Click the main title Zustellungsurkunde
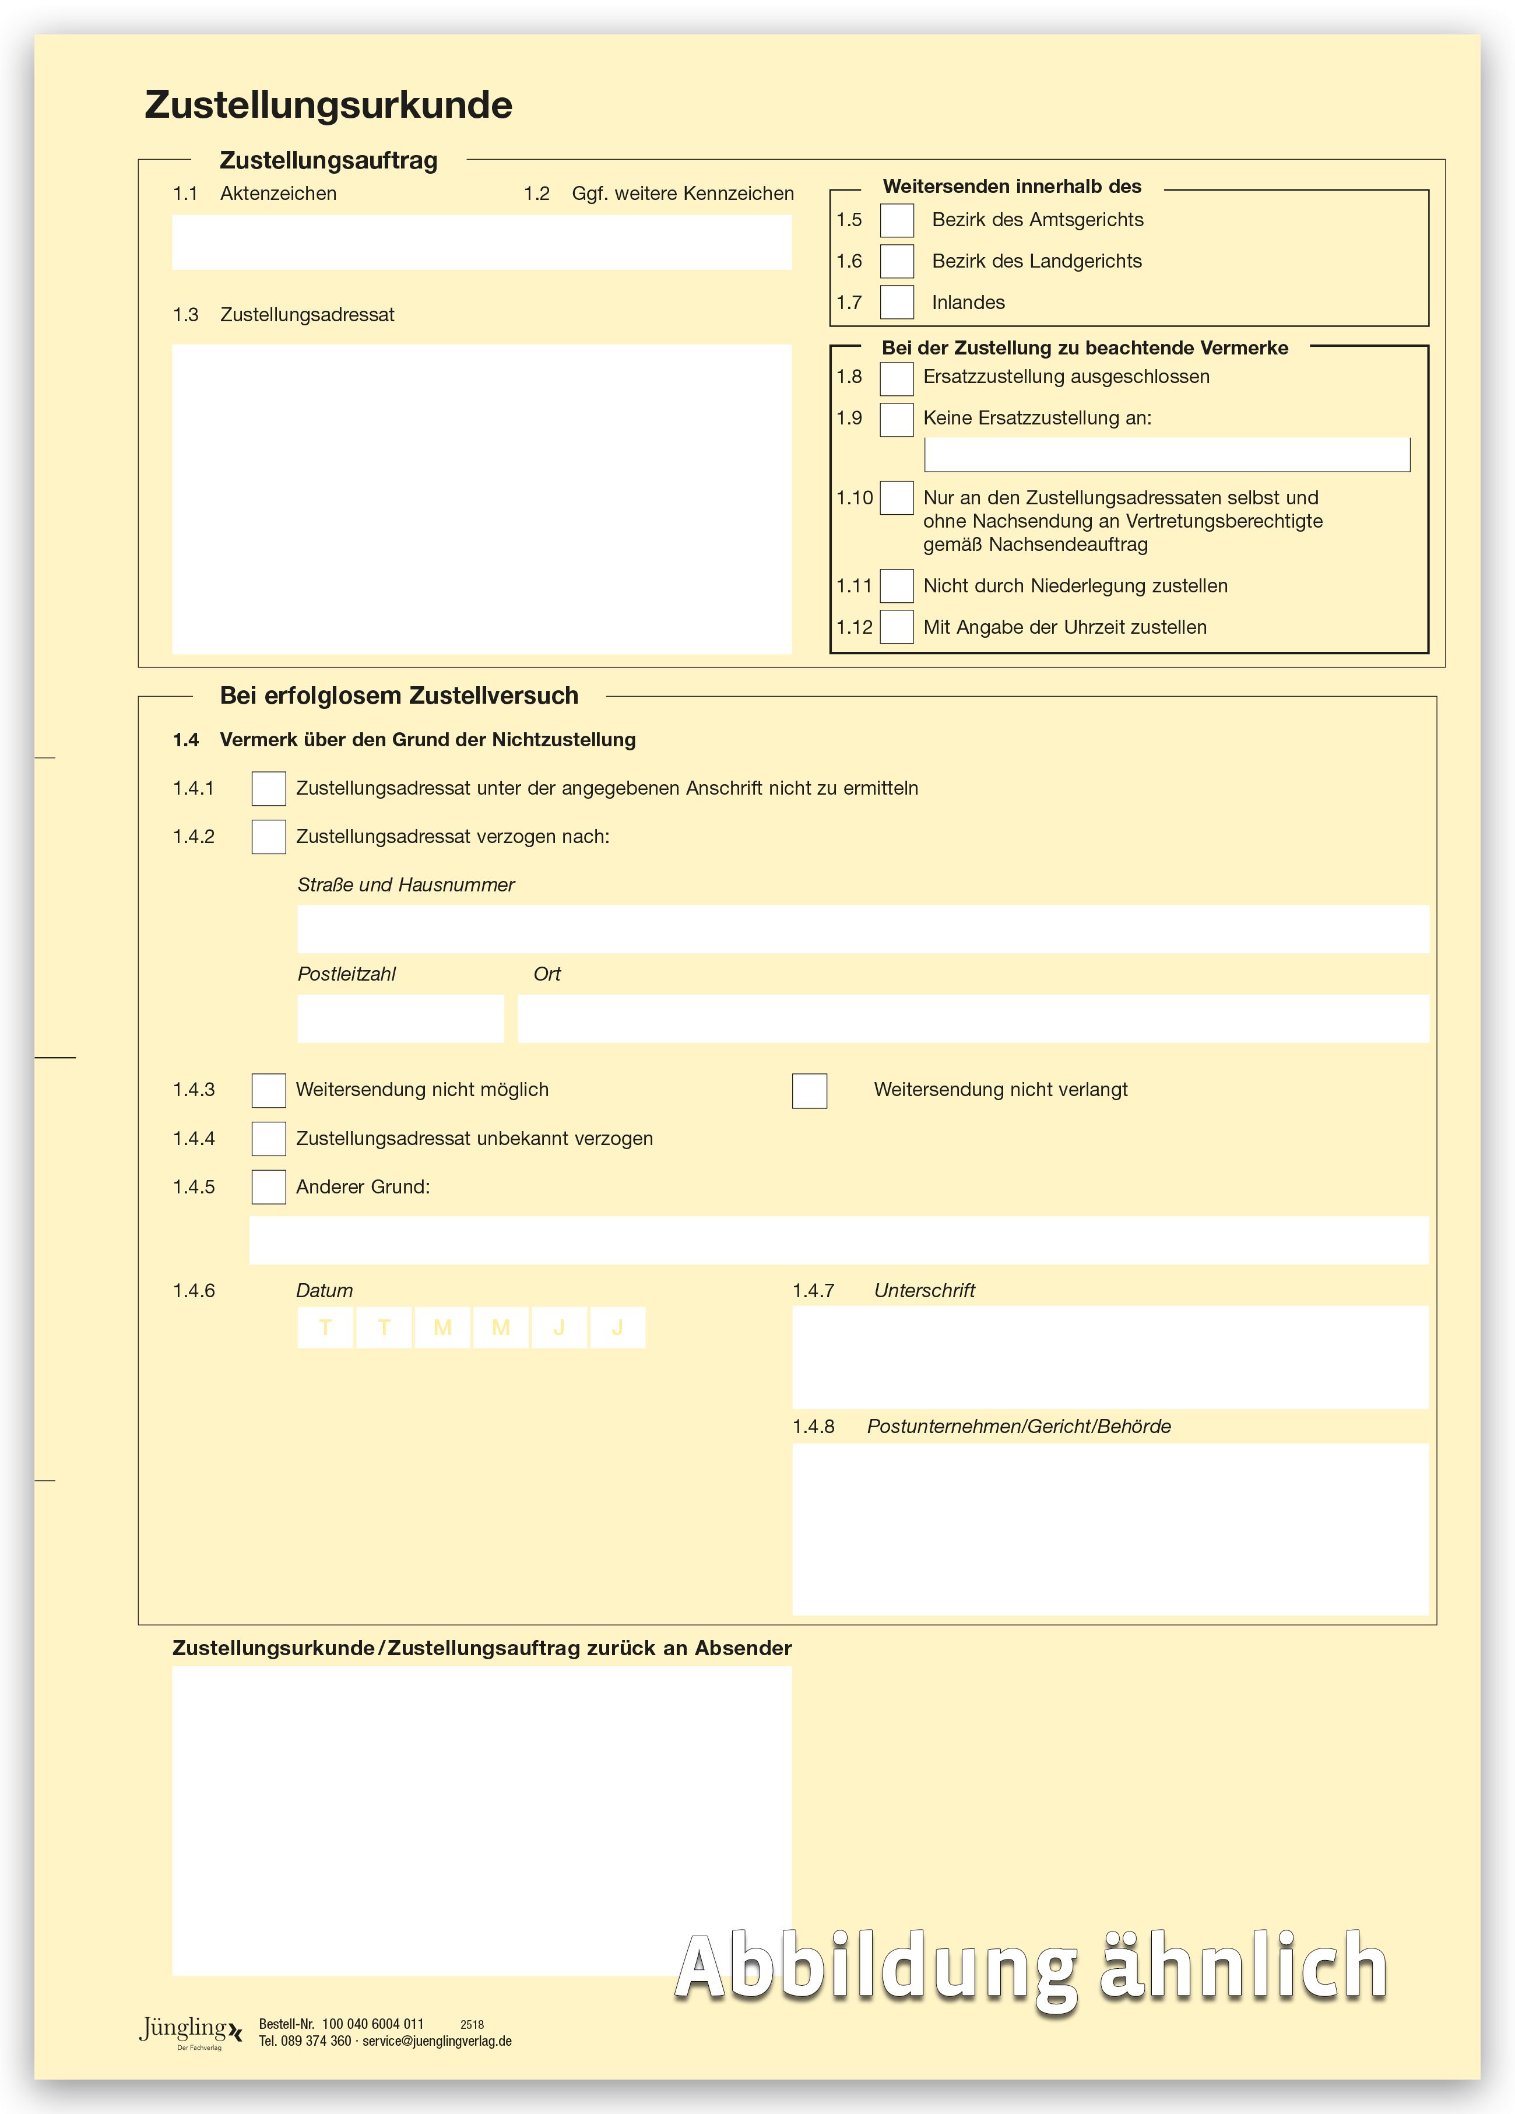328,104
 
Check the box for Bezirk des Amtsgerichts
897,220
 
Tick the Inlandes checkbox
897,302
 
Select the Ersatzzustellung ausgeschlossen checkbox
897,378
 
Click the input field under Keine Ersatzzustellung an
1166,455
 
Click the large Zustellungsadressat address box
481,498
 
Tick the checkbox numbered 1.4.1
268,789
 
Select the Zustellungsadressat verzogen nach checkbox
268,837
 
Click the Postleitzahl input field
400,1018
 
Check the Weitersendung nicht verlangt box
809,1091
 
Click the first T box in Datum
325,1328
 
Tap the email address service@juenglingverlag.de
437,2041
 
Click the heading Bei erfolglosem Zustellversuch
399,696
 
